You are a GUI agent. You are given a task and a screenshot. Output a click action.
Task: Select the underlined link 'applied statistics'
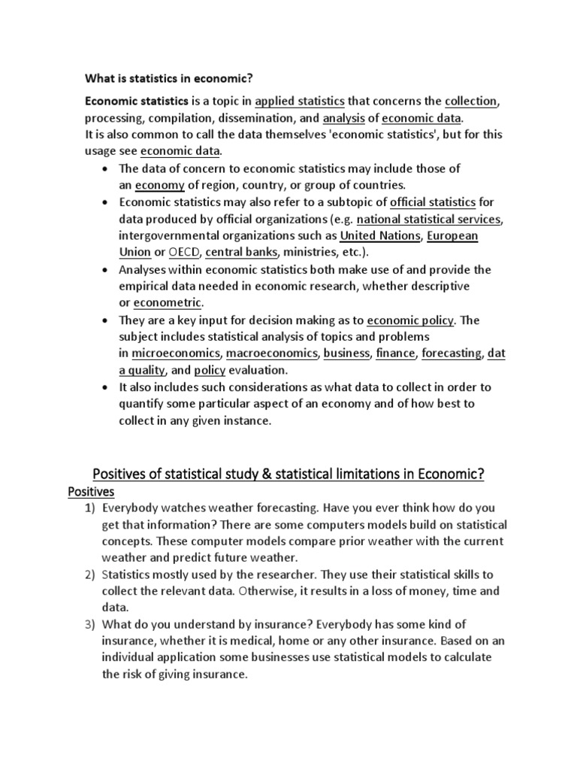[x=300, y=102]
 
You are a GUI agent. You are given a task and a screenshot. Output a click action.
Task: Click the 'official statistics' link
[x=434, y=202]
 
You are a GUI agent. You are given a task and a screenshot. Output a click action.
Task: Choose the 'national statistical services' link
[x=428, y=220]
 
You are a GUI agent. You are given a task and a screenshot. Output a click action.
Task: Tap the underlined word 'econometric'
[x=168, y=303]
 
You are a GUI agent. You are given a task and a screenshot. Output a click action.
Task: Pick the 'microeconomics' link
[x=176, y=353]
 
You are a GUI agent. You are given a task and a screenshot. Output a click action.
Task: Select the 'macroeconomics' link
[x=272, y=353]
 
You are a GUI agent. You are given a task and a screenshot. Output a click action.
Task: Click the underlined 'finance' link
[x=394, y=353]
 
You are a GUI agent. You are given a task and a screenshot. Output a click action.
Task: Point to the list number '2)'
[x=90, y=574]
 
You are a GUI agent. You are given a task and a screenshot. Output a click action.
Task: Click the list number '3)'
[x=90, y=625]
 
